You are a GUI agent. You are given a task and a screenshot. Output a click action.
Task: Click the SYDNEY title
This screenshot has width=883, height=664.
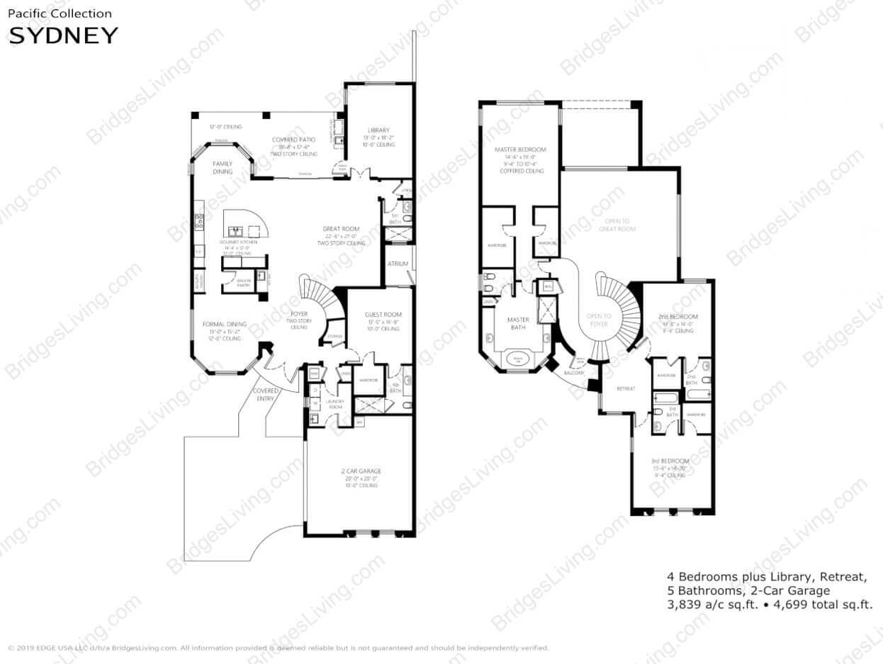(x=62, y=35)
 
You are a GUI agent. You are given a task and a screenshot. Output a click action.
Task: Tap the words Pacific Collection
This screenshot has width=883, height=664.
(x=60, y=13)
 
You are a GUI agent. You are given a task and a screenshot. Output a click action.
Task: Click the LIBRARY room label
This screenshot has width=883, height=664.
(x=378, y=130)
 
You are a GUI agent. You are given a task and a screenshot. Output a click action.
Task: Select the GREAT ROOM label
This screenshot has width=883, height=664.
(x=342, y=229)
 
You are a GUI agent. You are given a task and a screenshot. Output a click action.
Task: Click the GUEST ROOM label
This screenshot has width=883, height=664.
(x=383, y=315)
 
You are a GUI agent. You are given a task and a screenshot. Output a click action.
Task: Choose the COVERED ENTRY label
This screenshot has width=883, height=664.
(x=266, y=395)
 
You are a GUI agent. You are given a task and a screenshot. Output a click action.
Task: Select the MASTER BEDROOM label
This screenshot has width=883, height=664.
(x=522, y=150)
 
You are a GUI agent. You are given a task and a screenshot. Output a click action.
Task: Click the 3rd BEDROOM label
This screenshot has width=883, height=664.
(x=670, y=461)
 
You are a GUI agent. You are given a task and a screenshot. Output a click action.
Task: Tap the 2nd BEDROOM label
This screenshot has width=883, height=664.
(x=679, y=316)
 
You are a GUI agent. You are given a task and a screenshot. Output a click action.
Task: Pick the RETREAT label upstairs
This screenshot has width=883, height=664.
(x=625, y=389)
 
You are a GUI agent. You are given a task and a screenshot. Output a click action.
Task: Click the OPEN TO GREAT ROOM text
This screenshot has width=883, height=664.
(x=616, y=225)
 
